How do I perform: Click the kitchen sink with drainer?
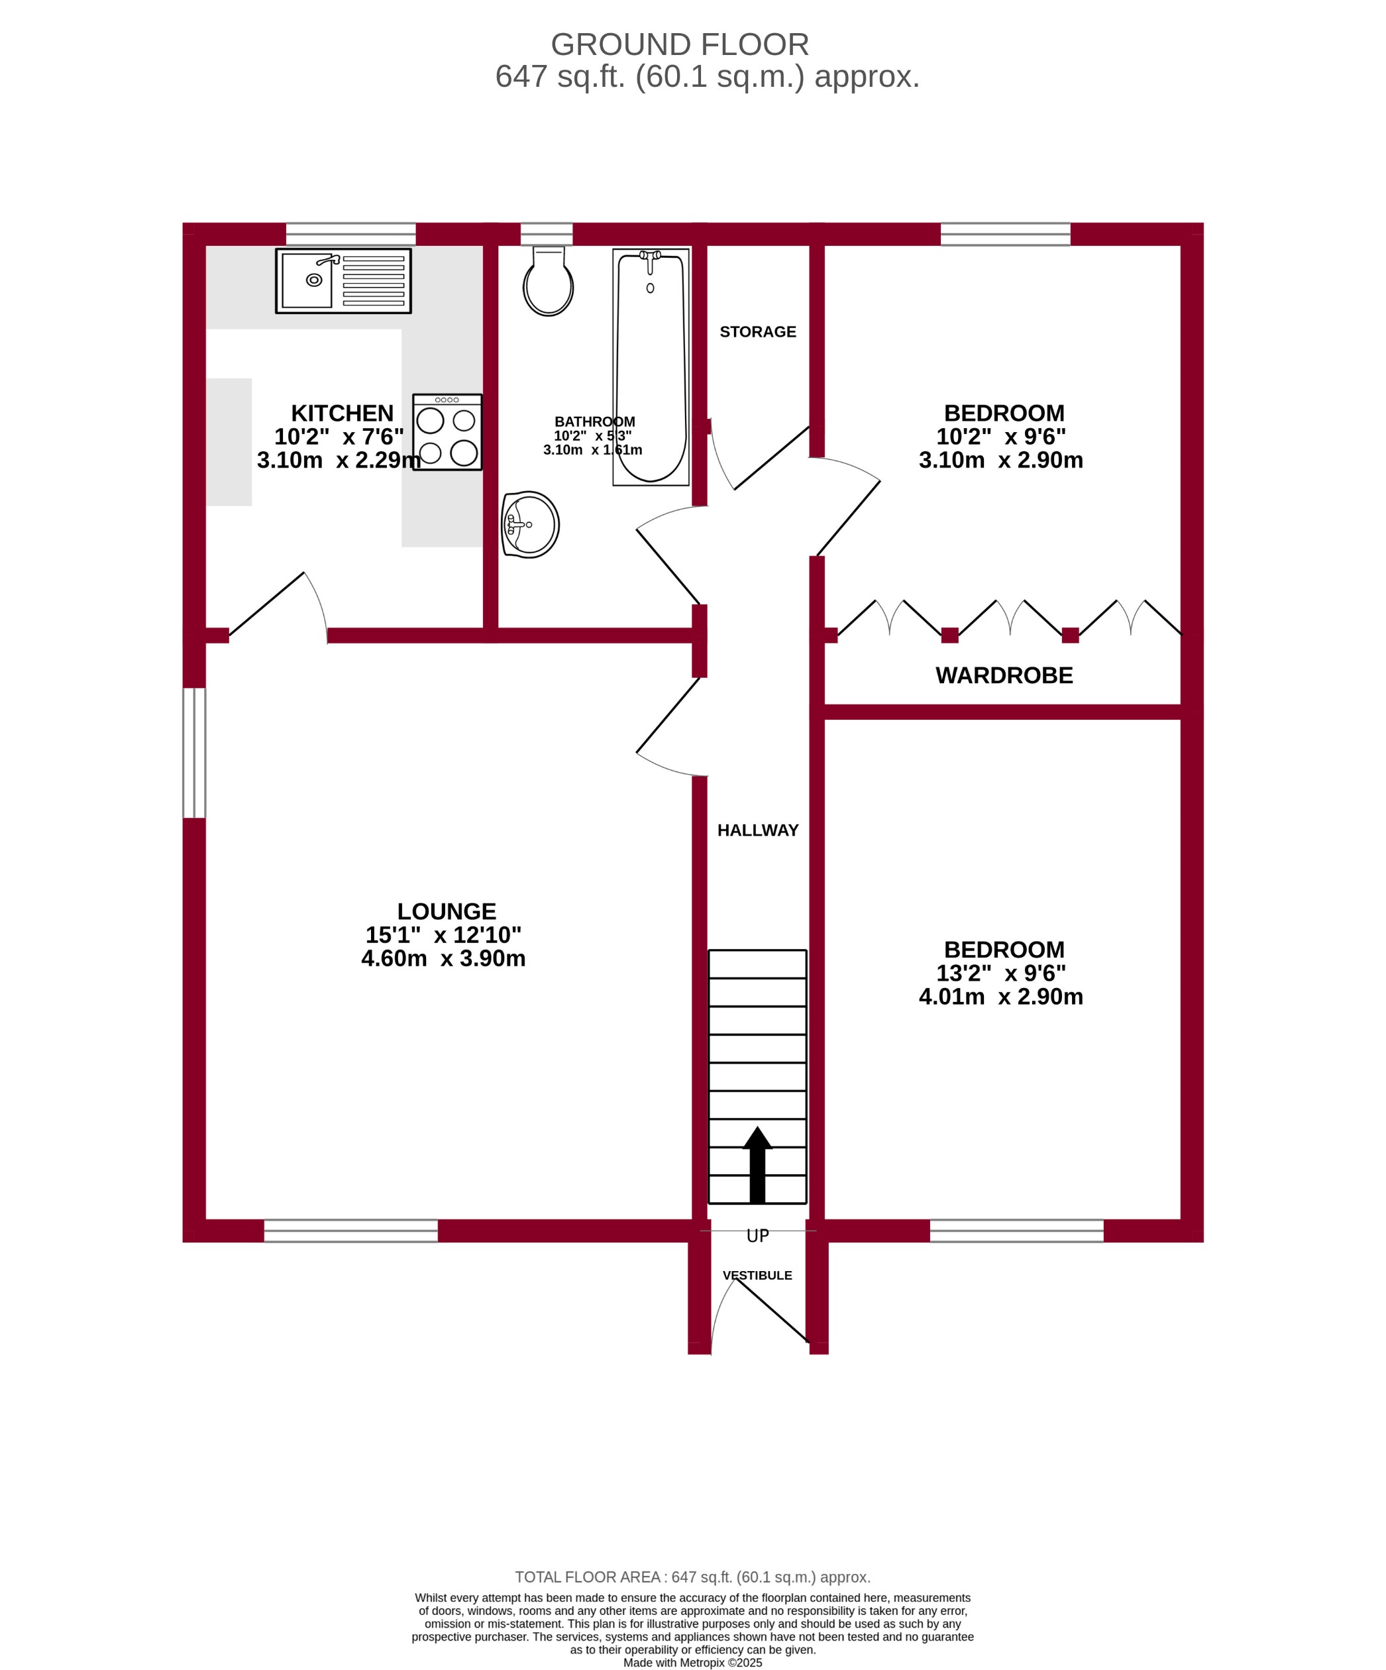pyautogui.click(x=343, y=281)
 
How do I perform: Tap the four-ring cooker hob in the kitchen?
pyautogui.click(x=447, y=432)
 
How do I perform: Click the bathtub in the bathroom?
pyautogui.click(x=651, y=366)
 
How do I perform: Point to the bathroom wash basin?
pyautogui.click(x=531, y=524)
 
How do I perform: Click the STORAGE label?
pyautogui.click(x=757, y=331)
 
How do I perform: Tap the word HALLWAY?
pyautogui.click(x=757, y=830)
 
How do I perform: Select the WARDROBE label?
pyautogui.click(x=1004, y=675)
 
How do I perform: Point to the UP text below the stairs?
pyautogui.click(x=757, y=1236)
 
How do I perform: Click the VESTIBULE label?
pyautogui.click(x=757, y=1276)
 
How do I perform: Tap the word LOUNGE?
pyautogui.click(x=446, y=911)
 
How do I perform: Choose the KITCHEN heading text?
pyautogui.click(x=342, y=414)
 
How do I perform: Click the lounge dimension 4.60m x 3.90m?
pyautogui.click(x=443, y=958)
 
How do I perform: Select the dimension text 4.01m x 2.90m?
pyautogui.click(x=1000, y=997)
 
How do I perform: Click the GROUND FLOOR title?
pyautogui.click(x=679, y=44)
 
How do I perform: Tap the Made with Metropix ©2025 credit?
pyautogui.click(x=692, y=1662)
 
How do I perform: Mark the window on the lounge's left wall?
pyautogui.click(x=194, y=752)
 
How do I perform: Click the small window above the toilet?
pyautogui.click(x=547, y=234)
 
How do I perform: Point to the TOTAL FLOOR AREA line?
pyautogui.click(x=692, y=1577)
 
